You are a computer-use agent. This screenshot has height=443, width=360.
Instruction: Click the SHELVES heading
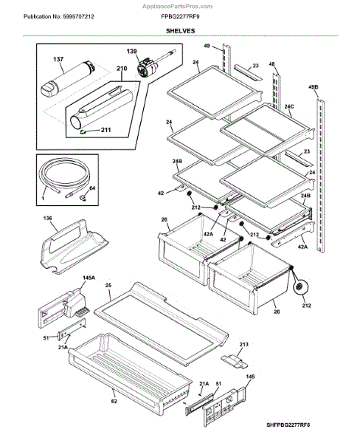[180, 31]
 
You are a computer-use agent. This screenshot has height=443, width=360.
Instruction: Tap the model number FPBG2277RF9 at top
[180, 17]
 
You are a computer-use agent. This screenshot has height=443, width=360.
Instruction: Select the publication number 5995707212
[77, 17]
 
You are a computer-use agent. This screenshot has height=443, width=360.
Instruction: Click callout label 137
[58, 59]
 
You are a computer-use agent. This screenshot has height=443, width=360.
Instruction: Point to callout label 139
[131, 51]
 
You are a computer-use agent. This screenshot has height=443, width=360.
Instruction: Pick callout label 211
[106, 130]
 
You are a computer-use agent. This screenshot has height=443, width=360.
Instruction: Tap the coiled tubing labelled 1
[63, 175]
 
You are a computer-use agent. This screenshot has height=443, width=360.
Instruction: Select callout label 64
[92, 188]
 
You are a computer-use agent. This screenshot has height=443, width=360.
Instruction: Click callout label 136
[47, 219]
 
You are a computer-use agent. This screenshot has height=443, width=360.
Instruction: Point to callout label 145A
[89, 278]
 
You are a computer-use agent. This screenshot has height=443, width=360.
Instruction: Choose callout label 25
[108, 285]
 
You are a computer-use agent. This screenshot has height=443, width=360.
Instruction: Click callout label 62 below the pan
[114, 401]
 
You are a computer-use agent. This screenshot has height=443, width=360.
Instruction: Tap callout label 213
[243, 344]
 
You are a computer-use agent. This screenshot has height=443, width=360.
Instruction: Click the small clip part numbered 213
[235, 362]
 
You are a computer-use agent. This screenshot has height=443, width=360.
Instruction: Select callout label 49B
[313, 87]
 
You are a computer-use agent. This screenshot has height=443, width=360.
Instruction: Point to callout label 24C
[289, 106]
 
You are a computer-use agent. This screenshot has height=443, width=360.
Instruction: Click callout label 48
[271, 64]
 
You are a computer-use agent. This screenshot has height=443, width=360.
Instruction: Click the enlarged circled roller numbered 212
[300, 288]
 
